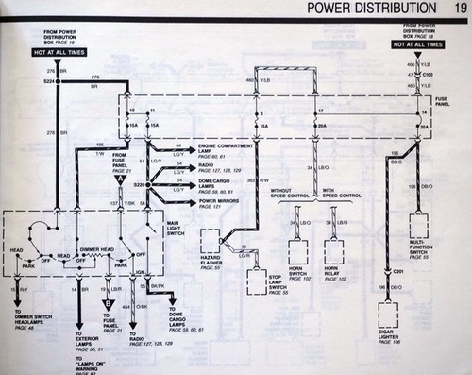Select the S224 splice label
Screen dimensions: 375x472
pos(49,82)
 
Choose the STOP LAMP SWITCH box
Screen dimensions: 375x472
pos(257,280)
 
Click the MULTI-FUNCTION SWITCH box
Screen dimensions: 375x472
pos(417,225)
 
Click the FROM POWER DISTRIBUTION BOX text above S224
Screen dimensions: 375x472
pos(65,39)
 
